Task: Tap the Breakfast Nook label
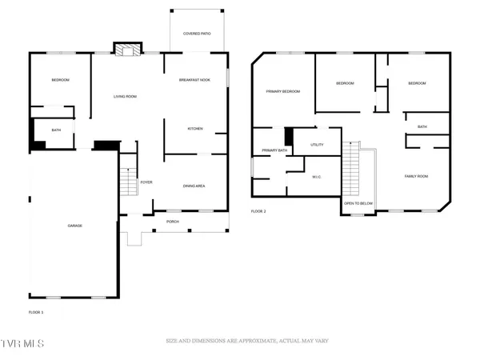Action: (194, 80)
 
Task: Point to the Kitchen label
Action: (195, 129)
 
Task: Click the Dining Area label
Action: (194, 186)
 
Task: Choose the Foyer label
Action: (146, 182)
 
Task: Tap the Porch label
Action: (172, 221)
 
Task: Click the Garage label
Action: (74, 226)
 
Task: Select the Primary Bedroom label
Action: (283, 91)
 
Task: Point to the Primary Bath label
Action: (274, 150)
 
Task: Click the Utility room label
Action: (316, 144)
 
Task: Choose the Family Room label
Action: (417, 176)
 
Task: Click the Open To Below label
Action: (358, 203)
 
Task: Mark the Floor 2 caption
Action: (258, 211)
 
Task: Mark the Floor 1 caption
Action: (36, 311)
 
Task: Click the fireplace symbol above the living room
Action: (125, 50)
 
